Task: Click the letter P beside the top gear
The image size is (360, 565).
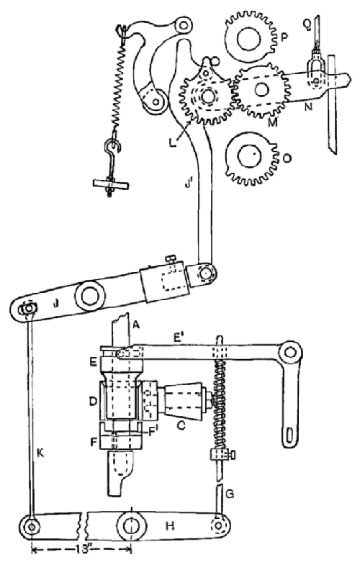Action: point(284,37)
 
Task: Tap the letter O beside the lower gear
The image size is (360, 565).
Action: point(287,158)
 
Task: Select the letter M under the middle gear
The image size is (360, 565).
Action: point(273,122)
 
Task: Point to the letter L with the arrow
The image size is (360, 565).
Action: point(174,142)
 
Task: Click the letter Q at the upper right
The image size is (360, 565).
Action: point(307,24)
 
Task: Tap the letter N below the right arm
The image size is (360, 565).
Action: point(308,107)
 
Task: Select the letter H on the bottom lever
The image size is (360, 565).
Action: point(170,526)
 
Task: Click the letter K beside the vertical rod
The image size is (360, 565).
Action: point(40,453)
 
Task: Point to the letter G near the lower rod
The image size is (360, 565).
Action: point(230,493)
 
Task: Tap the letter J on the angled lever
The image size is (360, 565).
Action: point(55,304)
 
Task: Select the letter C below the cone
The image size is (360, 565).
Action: point(181,425)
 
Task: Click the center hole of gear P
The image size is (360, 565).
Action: point(248,39)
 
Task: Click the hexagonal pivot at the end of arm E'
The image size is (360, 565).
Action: point(290,352)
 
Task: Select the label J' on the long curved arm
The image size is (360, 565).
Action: point(188,184)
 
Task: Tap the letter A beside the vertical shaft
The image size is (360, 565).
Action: point(135,325)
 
